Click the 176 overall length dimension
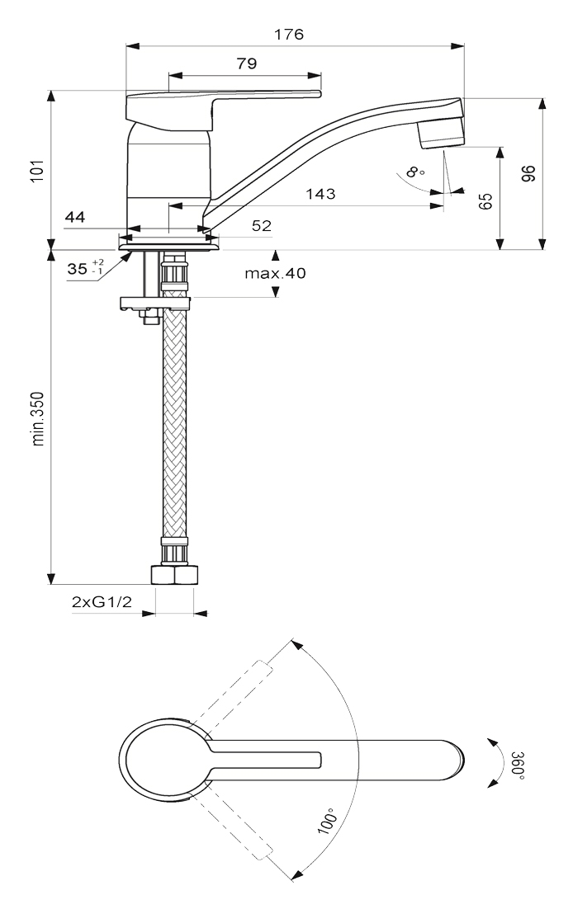289,35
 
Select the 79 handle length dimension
247,64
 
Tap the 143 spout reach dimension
321,194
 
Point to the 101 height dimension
38,171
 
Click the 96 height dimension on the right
528,174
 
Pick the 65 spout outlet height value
486,200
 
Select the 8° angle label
415,172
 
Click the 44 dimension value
74,217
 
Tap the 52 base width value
262,225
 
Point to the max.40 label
275,273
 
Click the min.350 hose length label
38,418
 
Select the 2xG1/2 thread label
102,602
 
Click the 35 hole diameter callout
85,268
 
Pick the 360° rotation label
517,765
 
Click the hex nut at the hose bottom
174,574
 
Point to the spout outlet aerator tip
442,139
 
